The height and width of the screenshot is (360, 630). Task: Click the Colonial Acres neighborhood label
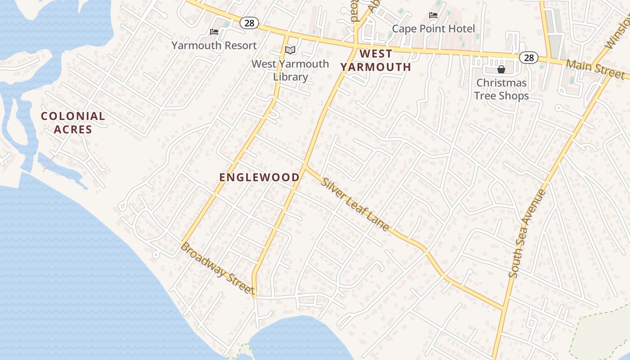point(73,123)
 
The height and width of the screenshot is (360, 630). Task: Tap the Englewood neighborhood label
point(259,177)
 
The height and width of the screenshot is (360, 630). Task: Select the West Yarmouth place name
point(376,60)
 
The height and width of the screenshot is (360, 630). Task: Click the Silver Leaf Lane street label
point(355,204)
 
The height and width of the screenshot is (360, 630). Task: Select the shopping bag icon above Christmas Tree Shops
point(501,69)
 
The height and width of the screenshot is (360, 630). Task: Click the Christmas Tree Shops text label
point(501,89)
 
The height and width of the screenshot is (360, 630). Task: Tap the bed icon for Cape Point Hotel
point(433,15)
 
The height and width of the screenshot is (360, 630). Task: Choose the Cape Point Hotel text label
point(433,29)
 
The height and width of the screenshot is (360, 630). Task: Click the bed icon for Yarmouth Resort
point(214,32)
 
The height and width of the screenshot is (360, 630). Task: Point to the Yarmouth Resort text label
point(214,45)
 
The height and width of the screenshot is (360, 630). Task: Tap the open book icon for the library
point(290,50)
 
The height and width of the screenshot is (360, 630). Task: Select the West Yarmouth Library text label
point(290,70)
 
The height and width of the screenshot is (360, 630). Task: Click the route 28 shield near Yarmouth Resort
point(249,23)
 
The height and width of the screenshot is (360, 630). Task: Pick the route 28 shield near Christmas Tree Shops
point(528,57)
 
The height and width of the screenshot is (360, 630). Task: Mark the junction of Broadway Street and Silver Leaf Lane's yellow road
point(255,297)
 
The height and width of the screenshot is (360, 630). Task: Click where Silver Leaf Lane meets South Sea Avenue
point(504,309)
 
